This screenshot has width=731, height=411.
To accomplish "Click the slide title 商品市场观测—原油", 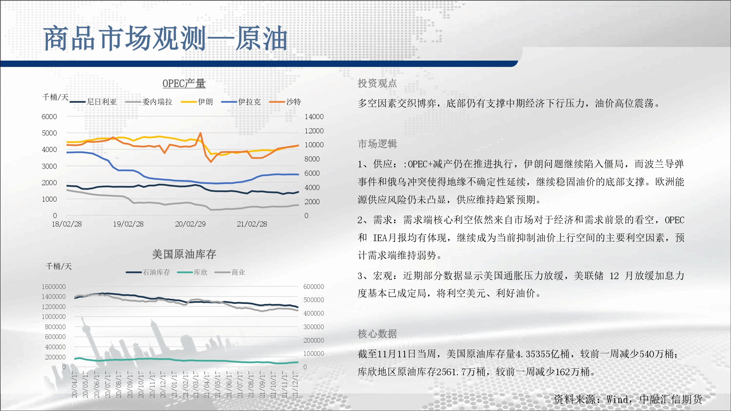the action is click(x=165, y=38).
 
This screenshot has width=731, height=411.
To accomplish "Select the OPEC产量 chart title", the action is click(x=184, y=84).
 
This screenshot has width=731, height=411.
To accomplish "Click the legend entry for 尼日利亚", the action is click(x=93, y=102).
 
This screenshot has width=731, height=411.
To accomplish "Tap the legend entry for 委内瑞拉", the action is click(x=149, y=102).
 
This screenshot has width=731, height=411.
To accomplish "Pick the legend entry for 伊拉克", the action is click(x=241, y=102).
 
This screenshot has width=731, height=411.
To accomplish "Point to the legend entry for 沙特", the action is click(x=285, y=102).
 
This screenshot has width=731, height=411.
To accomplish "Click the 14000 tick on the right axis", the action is click(x=314, y=117).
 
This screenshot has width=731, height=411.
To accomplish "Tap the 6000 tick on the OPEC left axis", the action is click(x=49, y=117).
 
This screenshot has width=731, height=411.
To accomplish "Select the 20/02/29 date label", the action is click(x=190, y=224).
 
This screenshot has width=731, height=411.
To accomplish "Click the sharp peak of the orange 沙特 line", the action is click(x=200, y=133).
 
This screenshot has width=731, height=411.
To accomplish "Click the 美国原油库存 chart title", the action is click(x=184, y=254).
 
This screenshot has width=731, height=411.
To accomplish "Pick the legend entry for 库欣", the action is click(x=192, y=272).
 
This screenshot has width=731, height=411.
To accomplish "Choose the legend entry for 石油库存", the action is click(x=148, y=272).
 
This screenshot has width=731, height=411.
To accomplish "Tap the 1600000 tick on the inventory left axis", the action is click(x=53, y=287).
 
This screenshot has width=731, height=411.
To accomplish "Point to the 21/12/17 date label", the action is click(x=295, y=385).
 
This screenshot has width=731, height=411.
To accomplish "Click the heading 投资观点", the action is click(x=377, y=83).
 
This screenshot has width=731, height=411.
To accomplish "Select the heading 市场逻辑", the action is click(x=377, y=144).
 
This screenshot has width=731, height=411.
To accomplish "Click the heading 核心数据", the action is click(x=377, y=334).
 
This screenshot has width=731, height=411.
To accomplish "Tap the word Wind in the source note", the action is click(x=617, y=399).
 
